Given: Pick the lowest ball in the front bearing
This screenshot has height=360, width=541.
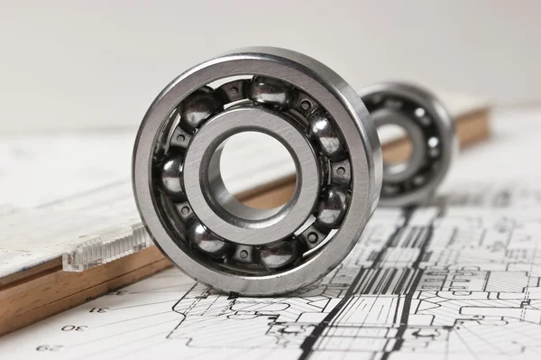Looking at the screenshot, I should pos(275,254).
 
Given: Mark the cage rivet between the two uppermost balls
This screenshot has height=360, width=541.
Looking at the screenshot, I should pos(234,91).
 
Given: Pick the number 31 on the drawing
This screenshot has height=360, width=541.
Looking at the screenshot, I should pos(99,309).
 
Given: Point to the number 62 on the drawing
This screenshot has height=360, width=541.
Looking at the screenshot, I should pos(50,347).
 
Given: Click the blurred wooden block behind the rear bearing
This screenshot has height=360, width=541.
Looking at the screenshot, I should pos(473,126).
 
